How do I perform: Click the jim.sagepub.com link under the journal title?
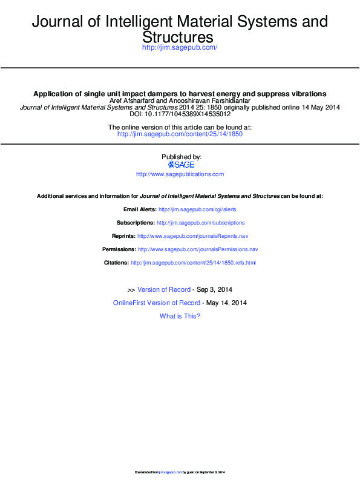point(179,47)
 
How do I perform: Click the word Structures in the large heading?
point(179,37)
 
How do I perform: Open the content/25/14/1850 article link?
point(180,134)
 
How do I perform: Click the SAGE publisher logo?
point(180,165)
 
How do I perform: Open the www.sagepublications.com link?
point(180,174)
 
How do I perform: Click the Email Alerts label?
point(139,209)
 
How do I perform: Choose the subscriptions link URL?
point(200,223)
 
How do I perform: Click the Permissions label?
point(119,249)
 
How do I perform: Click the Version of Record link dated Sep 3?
point(164,290)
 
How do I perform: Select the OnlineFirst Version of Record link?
point(157,303)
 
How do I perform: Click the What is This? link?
point(180,316)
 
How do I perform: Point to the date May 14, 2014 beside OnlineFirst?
point(226,303)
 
